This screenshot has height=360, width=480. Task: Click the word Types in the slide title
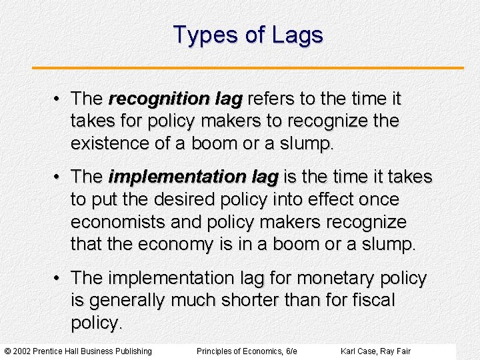200,35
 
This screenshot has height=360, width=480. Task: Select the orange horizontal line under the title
247,67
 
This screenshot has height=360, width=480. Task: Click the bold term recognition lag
175,99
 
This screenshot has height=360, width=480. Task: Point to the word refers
272,99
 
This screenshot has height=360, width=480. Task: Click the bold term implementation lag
193,177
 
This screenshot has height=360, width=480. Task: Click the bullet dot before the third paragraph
59,277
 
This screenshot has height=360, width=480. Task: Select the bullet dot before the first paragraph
59,99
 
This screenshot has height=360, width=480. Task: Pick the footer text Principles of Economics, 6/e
247,351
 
